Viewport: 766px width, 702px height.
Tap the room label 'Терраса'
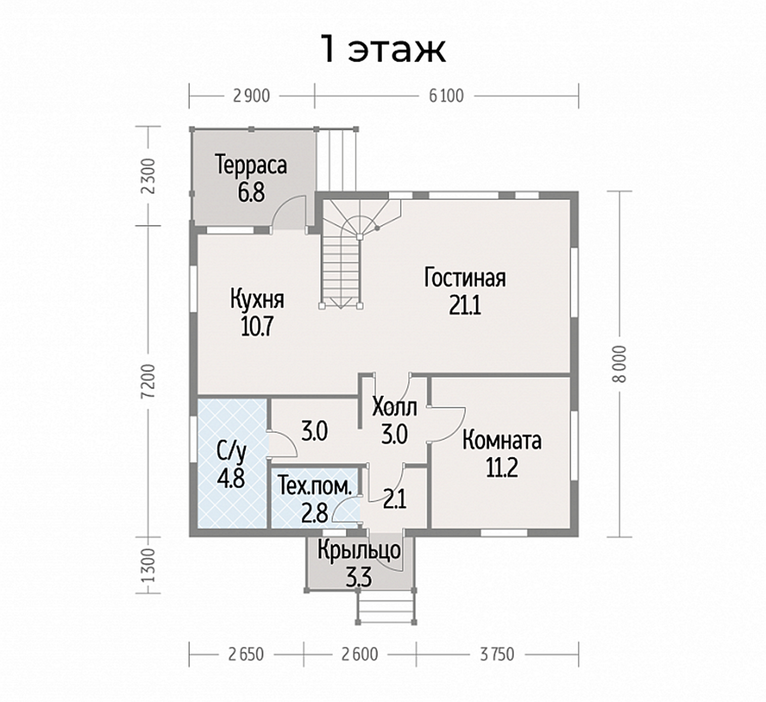pyautogui.click(x=251, y=165)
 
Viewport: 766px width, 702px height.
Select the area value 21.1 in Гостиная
pyautogui.click(x=465, y=306)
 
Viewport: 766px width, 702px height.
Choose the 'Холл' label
pyautogui.click(x=395, y=407)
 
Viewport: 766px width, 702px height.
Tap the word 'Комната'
pyautogui.click(x=502, y=441)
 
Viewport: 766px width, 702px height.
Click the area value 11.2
pyautogui.click(x=502, y=468)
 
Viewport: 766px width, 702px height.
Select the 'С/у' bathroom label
pyautogui.click(x=231, y=452)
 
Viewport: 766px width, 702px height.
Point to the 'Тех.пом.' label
pyautogui.click(x=315, y=486)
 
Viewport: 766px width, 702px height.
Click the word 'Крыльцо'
pyautogui.click(x=359, y=551)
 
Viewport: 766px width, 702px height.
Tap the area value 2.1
pyautogui.click(x=395, y=499)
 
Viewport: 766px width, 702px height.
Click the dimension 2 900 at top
pyautogui.click(x=251, y=96)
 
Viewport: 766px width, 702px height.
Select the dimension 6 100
pyautogui.click(x=446, y=96)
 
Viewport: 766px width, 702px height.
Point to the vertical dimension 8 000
pyautogui.click(x=620, y=364)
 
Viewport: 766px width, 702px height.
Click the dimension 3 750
pyautogui.click(x=497, y=655)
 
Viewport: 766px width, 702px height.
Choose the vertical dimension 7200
pyautogui.click(x=149, y=380)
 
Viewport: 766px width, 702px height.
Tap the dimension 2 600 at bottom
pyautogui.click(x=359, y=655)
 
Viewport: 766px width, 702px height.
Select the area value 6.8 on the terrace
pyautogui.click(x=251, y=193)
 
